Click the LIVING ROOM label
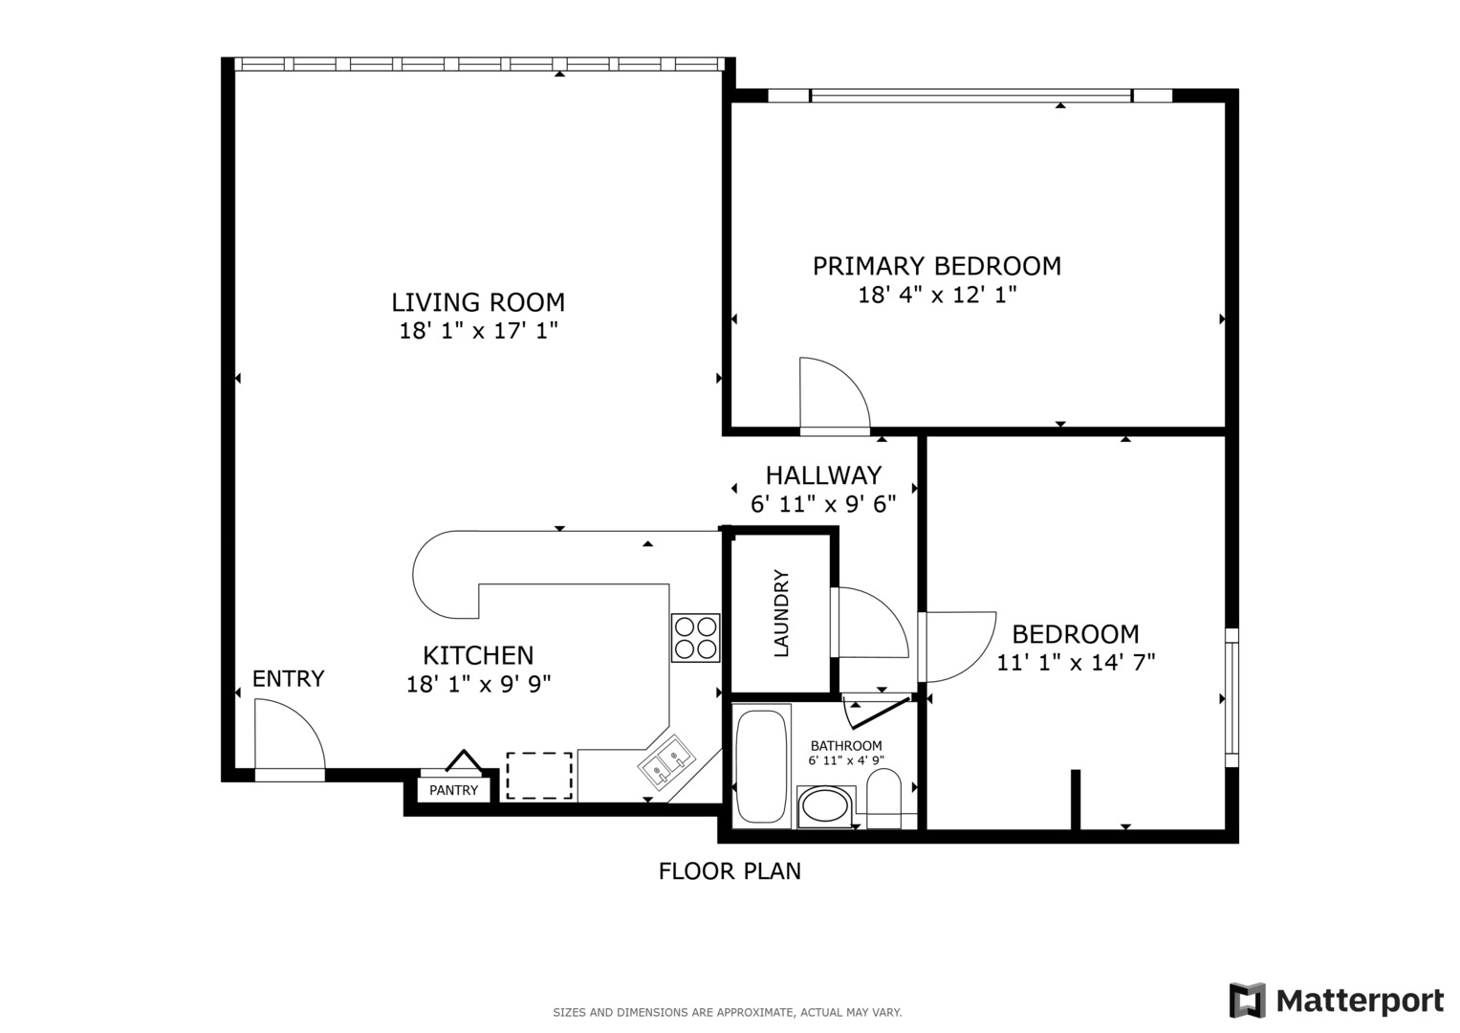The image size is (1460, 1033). pos(478,302)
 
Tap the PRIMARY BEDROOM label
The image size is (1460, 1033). pos(936,266)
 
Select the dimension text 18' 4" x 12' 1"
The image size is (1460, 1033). pos(936,295)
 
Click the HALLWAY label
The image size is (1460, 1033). pos(823,475)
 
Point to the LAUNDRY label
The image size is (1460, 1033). pos(781,613)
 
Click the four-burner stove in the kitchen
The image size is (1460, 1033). pos(695,638)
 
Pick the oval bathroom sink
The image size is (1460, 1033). pos(825,806)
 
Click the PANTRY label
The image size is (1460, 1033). pos(453,790)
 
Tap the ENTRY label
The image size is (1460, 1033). pos(288,679)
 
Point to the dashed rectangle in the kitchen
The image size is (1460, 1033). pos(539,776)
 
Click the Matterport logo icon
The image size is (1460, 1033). pos(1247,1000)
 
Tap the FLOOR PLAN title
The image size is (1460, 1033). pos(730,871)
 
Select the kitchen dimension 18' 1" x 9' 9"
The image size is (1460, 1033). pos(478,685)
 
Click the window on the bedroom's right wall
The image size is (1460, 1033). pos(1231,697)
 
